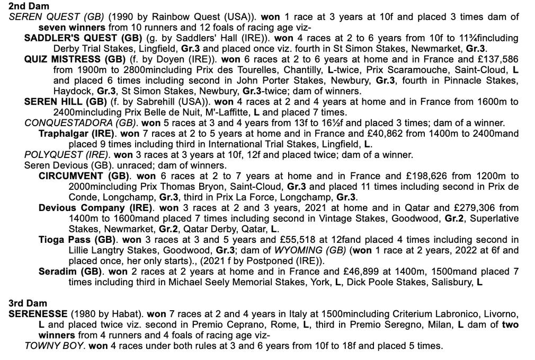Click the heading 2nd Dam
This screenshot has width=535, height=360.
[x=29, y=6]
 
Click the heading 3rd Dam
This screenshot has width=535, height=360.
[x=28, y=303]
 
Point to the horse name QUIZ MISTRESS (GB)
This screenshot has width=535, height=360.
[x=75, y=59]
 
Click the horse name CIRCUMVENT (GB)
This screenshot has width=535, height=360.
[x=84, y=176]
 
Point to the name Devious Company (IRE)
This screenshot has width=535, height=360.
[x=95, y=208]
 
